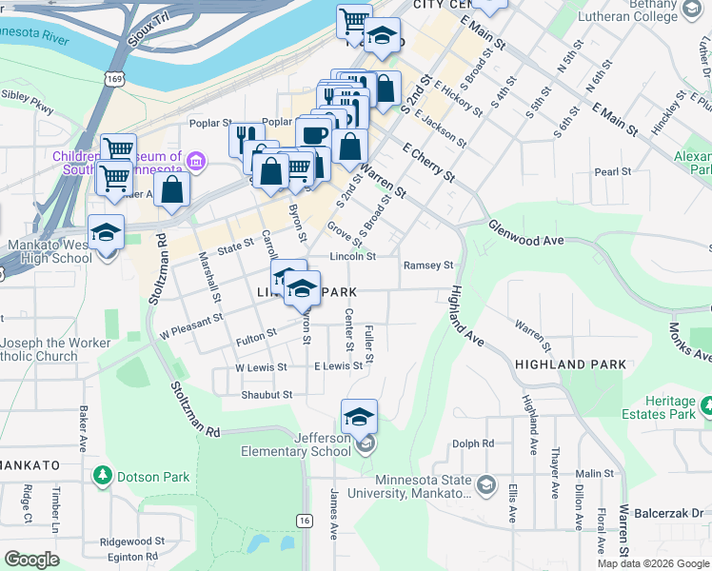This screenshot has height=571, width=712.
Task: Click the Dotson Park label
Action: pos(152,477)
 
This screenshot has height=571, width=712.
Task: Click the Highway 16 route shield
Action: pos(305,521)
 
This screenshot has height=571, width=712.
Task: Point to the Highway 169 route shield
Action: pos(114,77)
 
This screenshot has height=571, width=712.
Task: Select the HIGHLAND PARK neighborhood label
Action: pos(570,364)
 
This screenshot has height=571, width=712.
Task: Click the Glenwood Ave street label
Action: pos(525,234)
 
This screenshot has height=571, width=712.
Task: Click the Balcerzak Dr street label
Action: pos(672,512)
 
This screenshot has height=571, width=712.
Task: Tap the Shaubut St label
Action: pos(267,394)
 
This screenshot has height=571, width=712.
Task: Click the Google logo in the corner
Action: pos(31,560)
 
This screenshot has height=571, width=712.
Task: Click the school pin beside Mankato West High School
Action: pos(106,231)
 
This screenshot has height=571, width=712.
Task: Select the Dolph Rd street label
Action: pos(473,443)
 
